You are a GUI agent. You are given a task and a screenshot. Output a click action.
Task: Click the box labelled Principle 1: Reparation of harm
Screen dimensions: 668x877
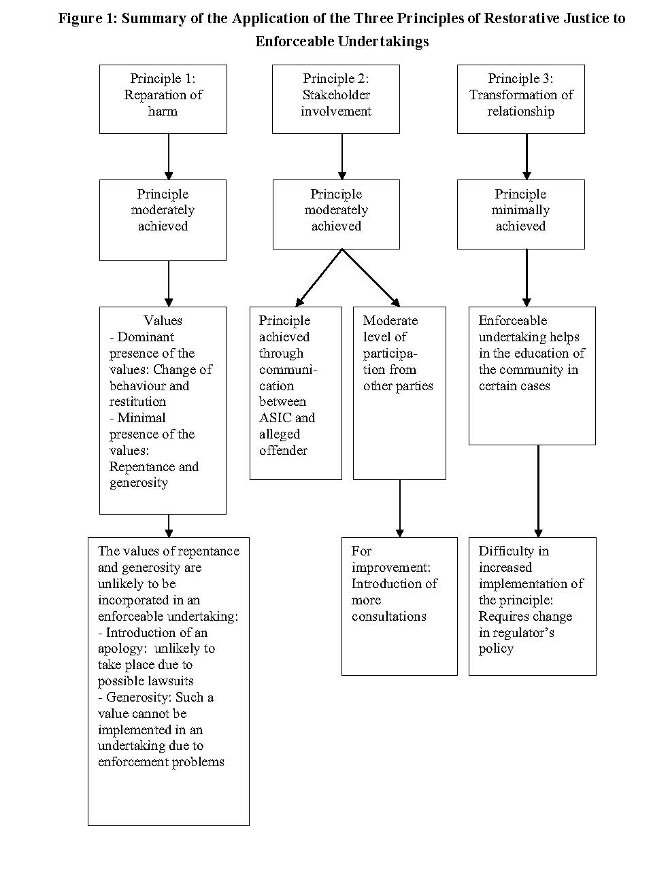(x=163, y=99)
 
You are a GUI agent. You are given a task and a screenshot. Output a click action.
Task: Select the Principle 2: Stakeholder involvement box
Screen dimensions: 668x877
(x=336, y=99)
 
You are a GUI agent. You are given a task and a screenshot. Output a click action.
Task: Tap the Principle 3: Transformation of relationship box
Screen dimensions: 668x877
(x=521, y=99)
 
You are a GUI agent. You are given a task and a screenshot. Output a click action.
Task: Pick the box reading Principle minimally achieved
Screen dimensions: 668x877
(x=521, y=215)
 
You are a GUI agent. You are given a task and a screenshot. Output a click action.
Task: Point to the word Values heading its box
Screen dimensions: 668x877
(x=163, y=320)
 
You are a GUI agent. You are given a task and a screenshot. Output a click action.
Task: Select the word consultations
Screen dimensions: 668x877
(x=389, y=616)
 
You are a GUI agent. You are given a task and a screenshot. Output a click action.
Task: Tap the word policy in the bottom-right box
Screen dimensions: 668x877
(x=496, y=649)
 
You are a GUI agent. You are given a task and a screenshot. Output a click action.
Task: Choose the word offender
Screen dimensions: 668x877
(x=283, y=451)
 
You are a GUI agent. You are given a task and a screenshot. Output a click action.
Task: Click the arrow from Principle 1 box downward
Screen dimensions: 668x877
(x=169, y=156)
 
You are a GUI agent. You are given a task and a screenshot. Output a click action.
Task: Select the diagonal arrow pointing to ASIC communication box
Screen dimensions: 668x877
(x=318, y=278)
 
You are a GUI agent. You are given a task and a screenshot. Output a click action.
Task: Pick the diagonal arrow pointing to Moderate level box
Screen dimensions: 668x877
(x=371, y=278)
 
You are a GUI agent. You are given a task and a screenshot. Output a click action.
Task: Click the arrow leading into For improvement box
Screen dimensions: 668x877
(x=400, y=509)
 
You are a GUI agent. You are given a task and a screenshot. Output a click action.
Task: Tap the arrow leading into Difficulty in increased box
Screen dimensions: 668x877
(x=539, y=491)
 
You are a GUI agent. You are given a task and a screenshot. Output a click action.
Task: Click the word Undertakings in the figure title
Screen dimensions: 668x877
(x=384, y=41)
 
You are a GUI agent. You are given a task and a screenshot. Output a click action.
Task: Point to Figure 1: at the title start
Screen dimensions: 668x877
(x=88, y=19)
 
